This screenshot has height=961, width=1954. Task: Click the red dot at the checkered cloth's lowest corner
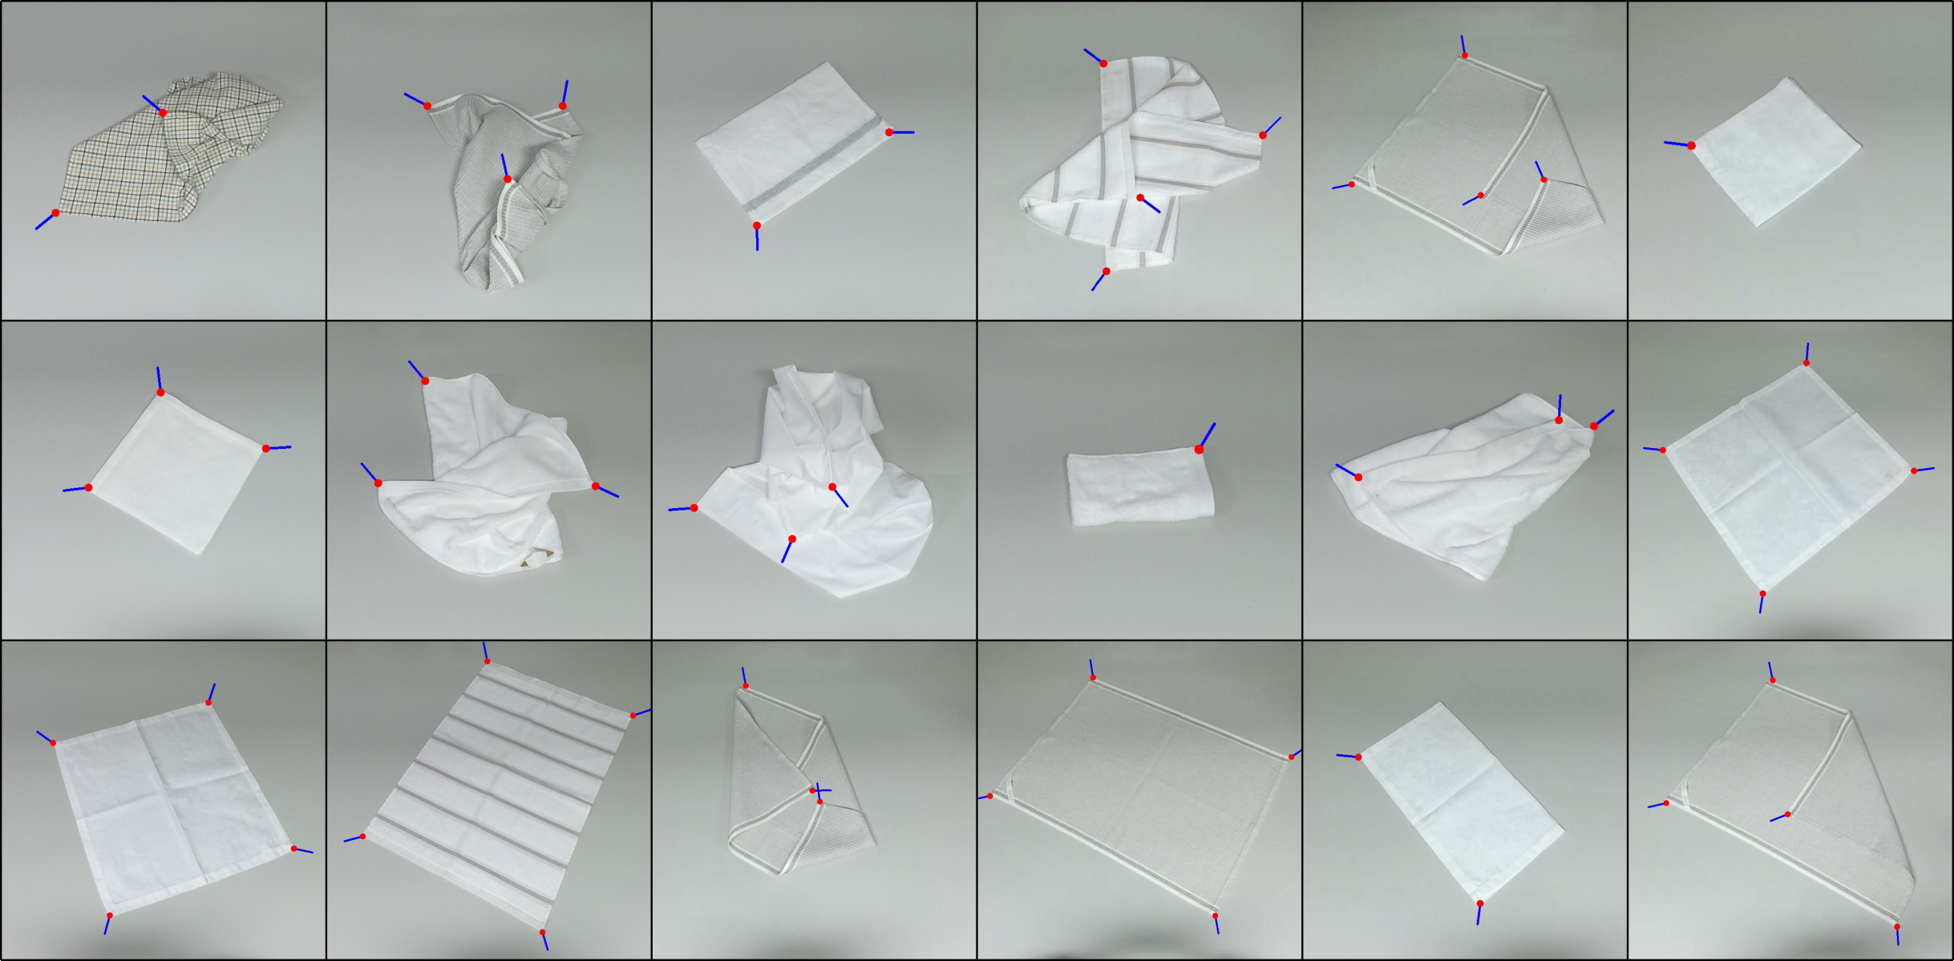coord(55,212)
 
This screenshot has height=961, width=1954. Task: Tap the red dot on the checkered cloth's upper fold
coord(163,113)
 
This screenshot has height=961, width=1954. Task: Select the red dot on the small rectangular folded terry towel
coord(1199,449)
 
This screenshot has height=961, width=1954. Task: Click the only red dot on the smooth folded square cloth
coord(1691,145)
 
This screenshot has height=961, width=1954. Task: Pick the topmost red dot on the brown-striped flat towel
coord(487,661)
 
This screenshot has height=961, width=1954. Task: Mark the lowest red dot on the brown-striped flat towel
coord(543,932)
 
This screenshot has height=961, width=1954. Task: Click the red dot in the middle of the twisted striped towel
coord(1140,197)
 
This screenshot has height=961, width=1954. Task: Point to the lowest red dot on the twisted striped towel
coord(1106,271)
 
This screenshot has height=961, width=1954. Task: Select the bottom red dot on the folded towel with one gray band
coord(756,225)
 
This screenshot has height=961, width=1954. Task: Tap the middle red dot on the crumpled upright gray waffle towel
coord(508,179)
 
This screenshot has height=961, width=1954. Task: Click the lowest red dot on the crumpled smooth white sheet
coord(792,539)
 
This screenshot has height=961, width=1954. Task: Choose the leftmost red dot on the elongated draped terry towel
coord(1358,477)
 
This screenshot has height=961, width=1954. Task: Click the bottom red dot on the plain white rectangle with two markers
coord(1480,903)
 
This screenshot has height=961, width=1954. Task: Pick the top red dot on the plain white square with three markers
coord(160,392)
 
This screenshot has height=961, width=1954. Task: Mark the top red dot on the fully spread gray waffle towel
coord(1093,678)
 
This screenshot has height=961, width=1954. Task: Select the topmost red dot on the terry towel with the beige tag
coord(425,381)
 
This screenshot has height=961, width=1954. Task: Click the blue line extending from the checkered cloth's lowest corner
coord(44,221)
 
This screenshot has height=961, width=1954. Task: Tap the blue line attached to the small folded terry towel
coord(1208,435)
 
